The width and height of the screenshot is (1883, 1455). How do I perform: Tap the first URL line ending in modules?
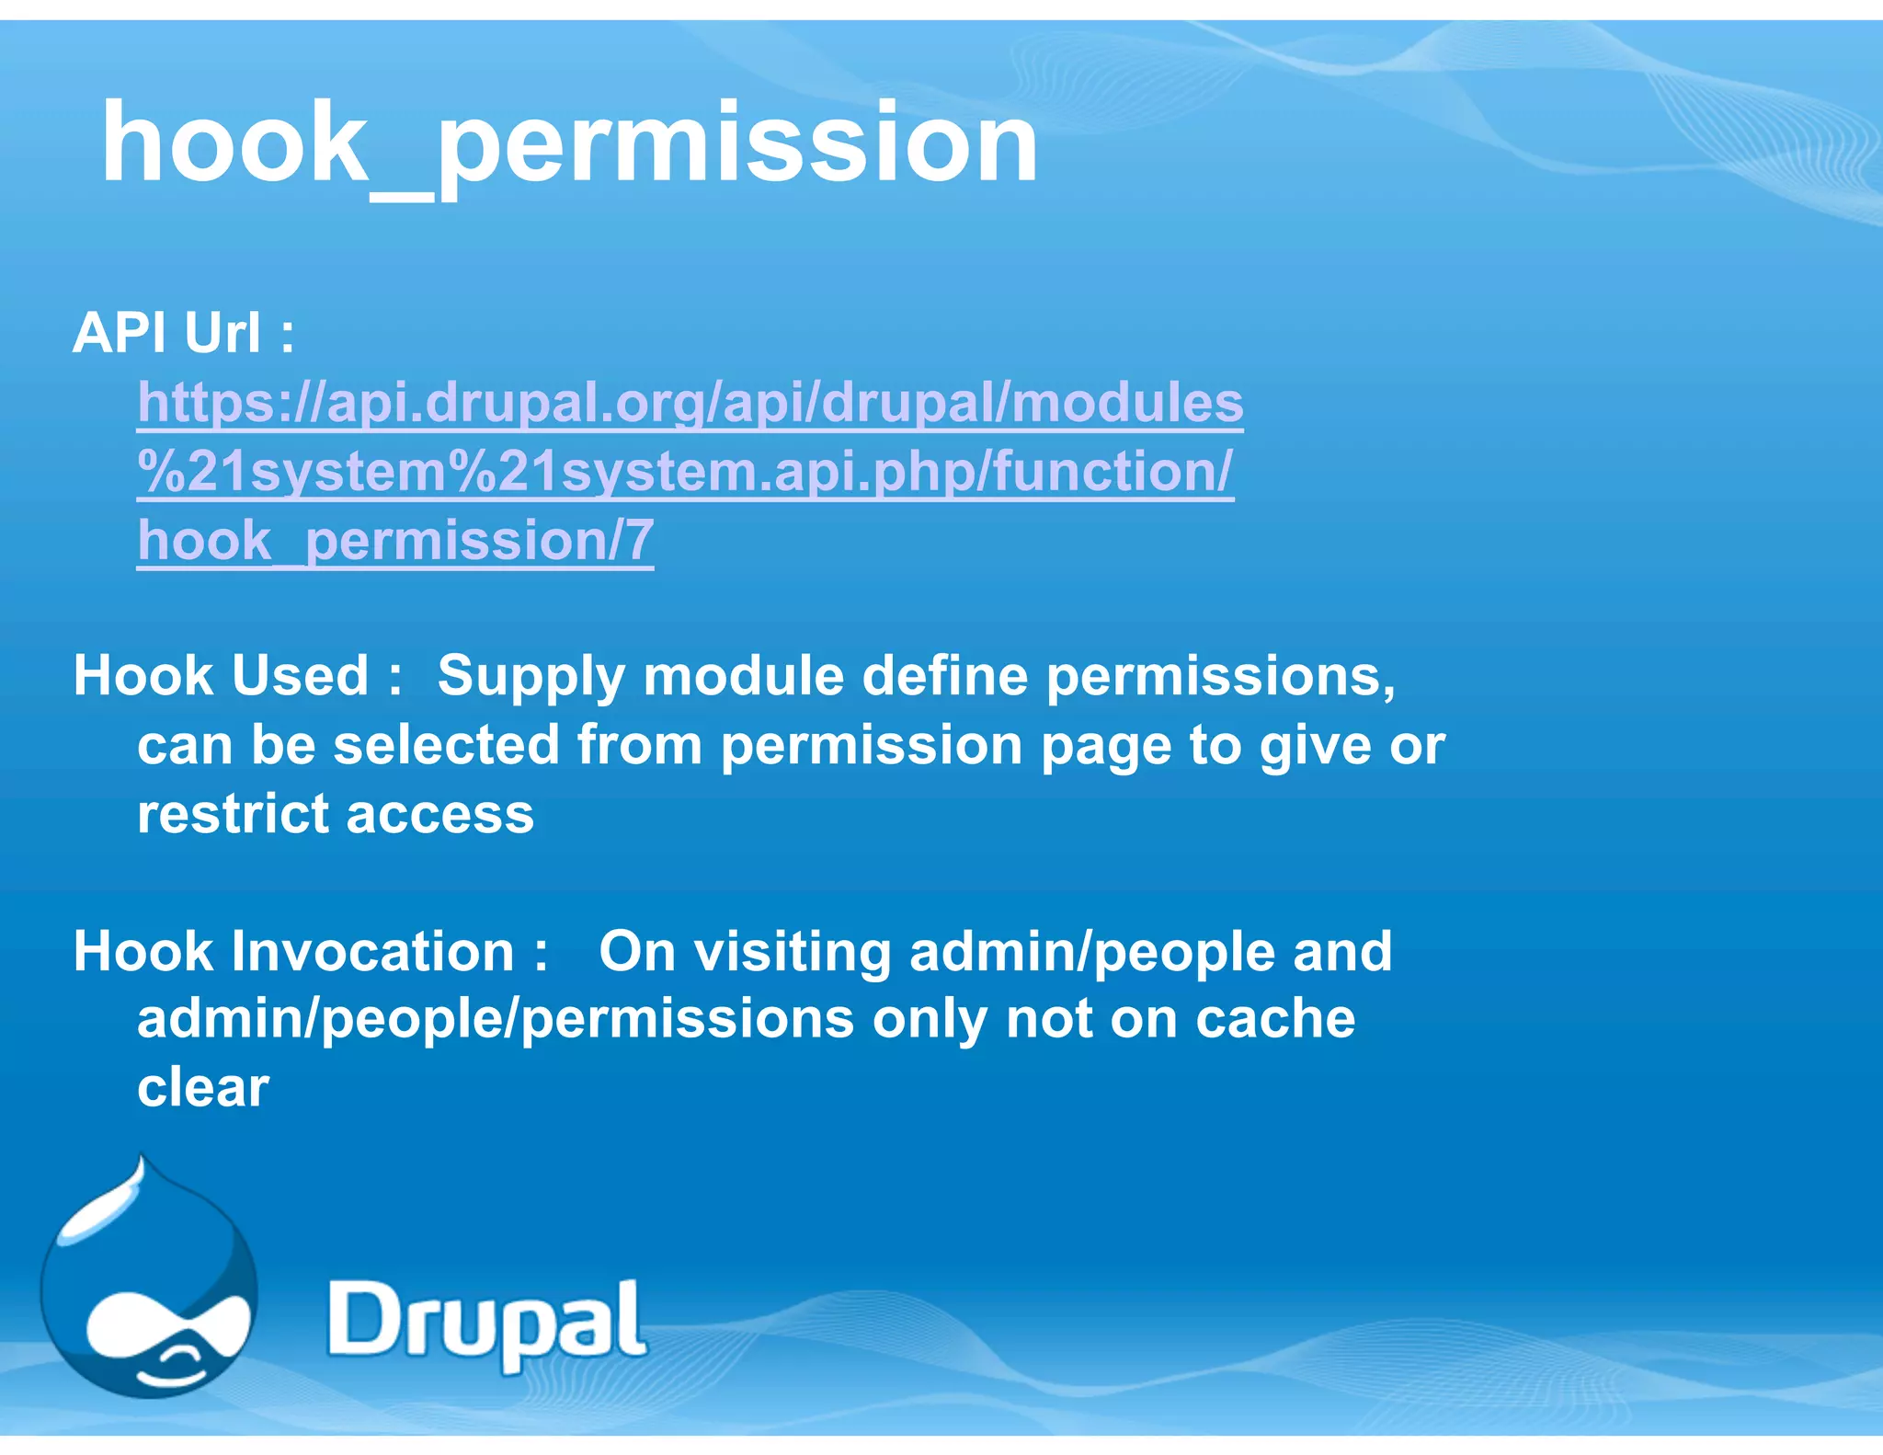point(690,403)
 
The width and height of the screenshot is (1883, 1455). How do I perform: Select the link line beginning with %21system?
point(685,472)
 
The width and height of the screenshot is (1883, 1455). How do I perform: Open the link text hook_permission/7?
point(395,540)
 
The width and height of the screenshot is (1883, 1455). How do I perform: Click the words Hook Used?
point(221,676)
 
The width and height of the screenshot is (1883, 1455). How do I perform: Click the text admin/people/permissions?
point(496,1020)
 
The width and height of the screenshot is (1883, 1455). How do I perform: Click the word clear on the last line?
point(203,1088)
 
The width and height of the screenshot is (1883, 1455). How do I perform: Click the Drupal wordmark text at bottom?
point(486,1322)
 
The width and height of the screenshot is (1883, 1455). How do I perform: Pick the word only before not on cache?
point(930,1020)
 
